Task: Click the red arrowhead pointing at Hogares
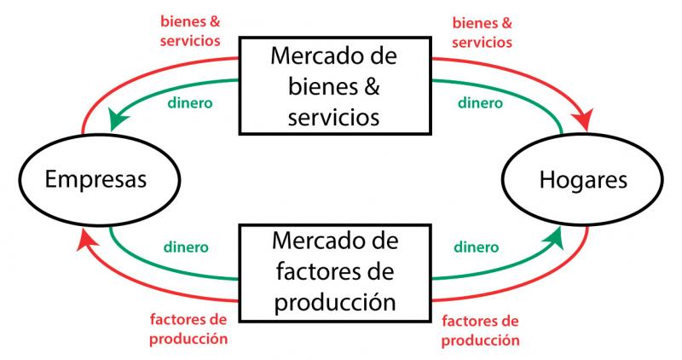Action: tap(583, 119)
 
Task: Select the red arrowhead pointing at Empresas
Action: tap(87, 241)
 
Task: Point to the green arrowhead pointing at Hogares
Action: tap(553, 239)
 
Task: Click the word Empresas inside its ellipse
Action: tap(95, 179)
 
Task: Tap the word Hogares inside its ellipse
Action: tap(583, 179)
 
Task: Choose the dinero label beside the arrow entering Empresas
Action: tap(190, 103)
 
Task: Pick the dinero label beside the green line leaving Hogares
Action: tap(480, 103)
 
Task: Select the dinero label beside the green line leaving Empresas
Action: tap(186, 247)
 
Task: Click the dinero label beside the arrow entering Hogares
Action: tap(477, 247)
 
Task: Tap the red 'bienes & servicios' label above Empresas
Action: tap(190, 32)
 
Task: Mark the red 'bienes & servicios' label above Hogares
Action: tap(482, 32)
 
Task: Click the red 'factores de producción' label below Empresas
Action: tap(188, 329)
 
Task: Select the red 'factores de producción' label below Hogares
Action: tap(480, 331)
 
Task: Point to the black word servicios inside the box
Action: tap(333, 118)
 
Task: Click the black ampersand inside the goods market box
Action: tap(371, 86)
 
